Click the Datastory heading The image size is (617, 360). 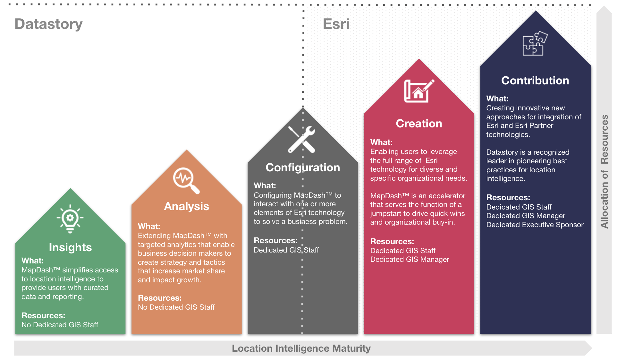48,24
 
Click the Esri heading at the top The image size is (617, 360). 336,24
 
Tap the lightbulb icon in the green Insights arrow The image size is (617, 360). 70,219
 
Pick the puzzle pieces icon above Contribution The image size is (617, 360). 535,43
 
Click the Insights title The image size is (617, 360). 70,247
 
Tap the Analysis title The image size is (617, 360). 186,206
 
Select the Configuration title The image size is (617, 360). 302,167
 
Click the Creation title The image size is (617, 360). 419,124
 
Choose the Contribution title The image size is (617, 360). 535,81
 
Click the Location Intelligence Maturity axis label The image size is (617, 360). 301,348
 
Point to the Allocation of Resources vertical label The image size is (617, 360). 604,171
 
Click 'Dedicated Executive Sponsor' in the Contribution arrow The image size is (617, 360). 535,225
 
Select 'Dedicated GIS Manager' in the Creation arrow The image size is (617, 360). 410,260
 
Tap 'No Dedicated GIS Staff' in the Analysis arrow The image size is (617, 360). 176,307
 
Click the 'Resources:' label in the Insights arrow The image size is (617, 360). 43,316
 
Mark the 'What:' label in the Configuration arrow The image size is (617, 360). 265,186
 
